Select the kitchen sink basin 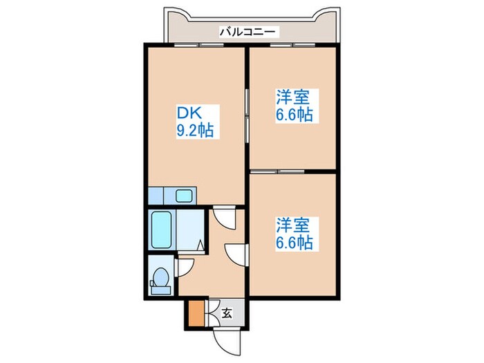(183, 195)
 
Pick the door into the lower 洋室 (237, 252)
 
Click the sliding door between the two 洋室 (278, 170)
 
